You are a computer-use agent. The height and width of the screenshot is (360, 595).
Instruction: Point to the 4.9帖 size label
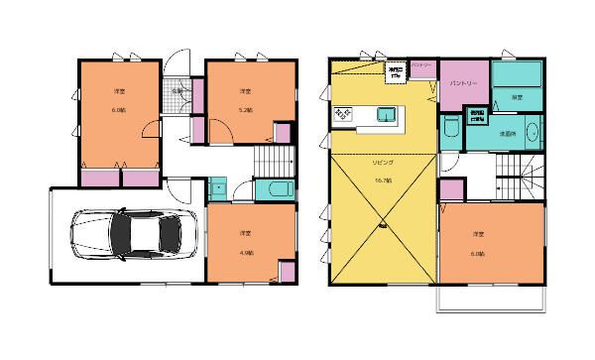click(244, 253)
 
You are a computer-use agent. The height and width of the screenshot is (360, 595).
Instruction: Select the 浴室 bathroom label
click(517, 98)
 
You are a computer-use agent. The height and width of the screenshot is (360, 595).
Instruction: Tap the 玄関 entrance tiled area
click(177, 94)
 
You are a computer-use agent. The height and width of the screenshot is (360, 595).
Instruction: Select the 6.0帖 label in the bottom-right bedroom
click(478, 252)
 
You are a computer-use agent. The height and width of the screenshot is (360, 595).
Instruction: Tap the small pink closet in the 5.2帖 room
click(282, 134)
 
